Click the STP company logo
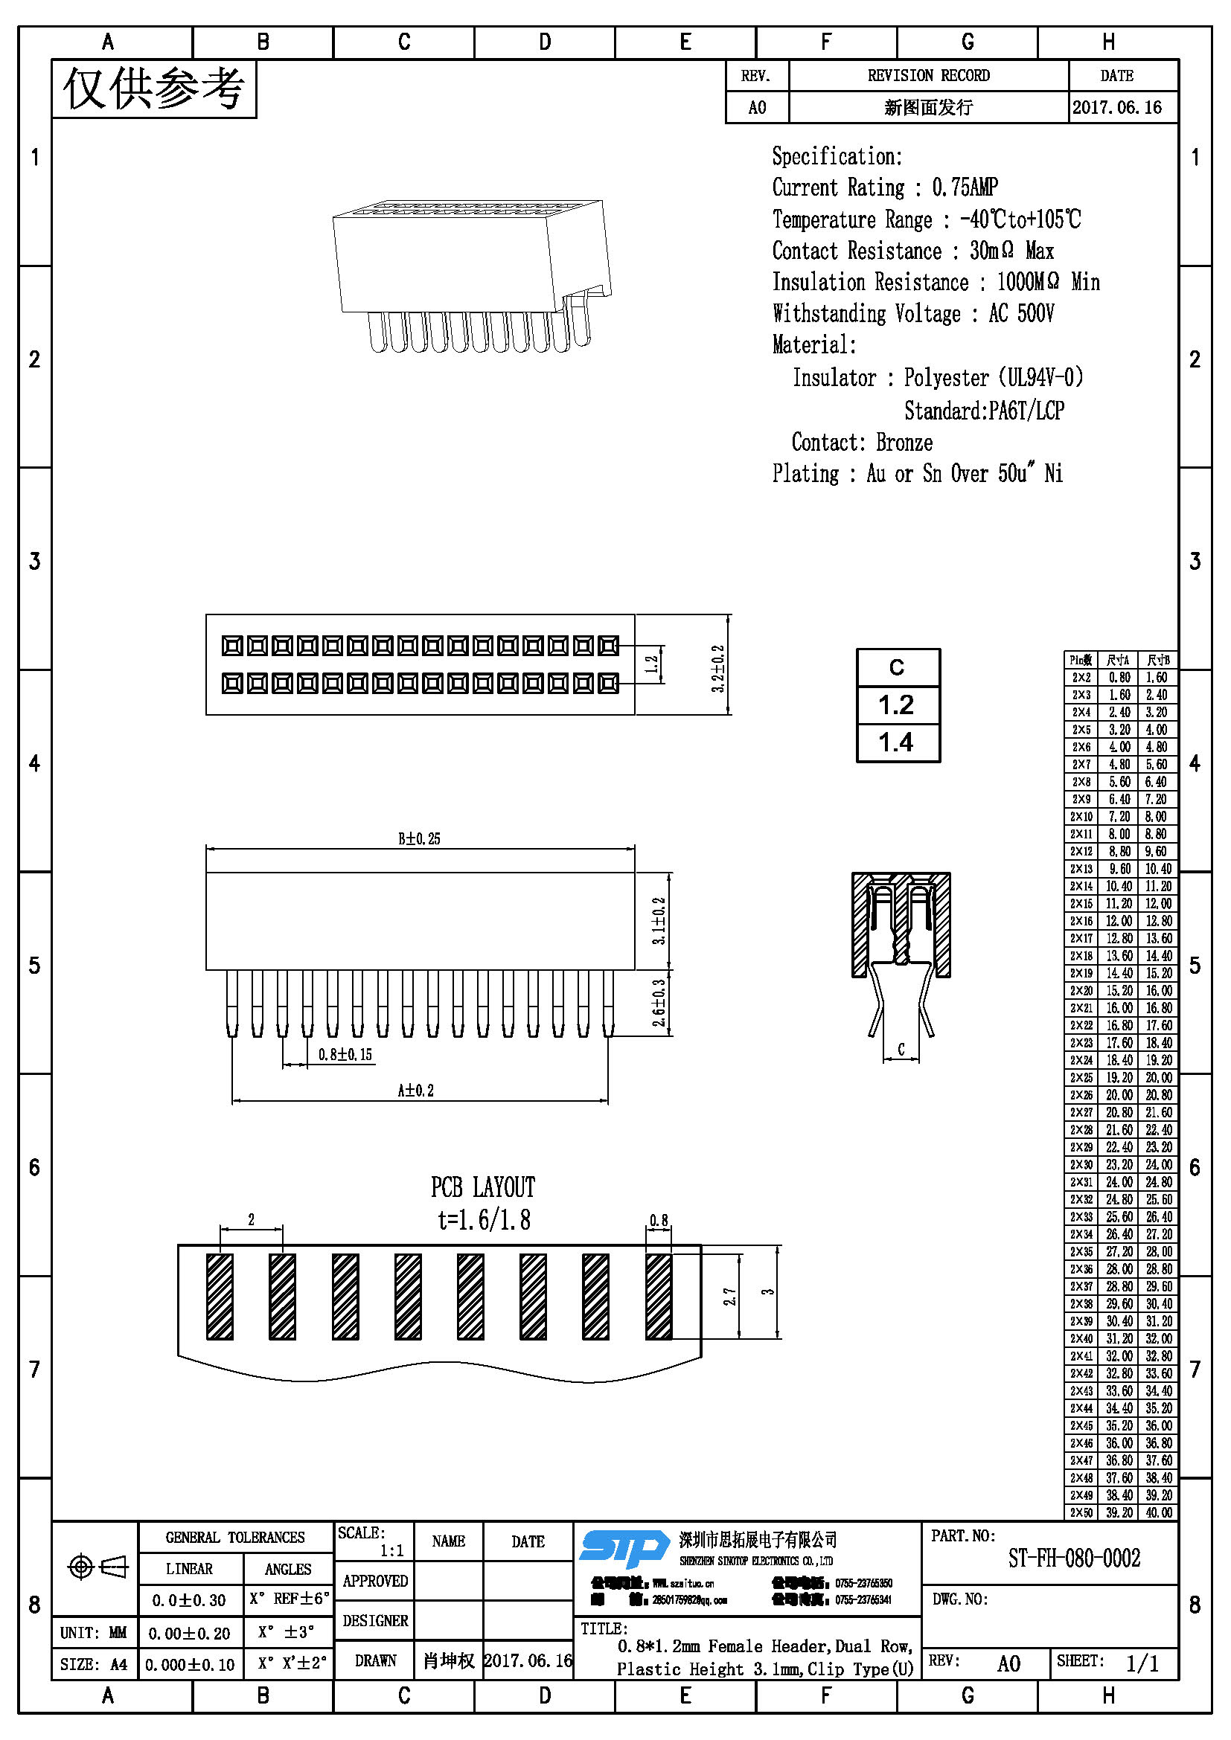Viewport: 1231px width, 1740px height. tap(624, 1547)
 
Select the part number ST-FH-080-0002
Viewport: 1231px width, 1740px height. tap(1073, 1558)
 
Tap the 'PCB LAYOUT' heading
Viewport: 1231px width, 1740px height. tap(483, 1187)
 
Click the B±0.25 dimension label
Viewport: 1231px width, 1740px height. tap(419, 839)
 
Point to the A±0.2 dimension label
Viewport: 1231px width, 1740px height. tap(416, 1091)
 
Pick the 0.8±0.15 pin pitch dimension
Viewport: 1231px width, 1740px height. tap(345, 1054)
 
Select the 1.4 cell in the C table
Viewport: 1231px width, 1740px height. tap(897, 742)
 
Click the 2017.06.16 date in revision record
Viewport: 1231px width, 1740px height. tap(1116, 108)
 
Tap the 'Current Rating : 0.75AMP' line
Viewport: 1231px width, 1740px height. tap(885, 187)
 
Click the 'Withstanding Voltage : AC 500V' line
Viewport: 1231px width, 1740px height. tap(912, 313)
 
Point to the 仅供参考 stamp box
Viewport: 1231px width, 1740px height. tap(154, 89)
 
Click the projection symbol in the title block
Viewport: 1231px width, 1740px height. tap(97, 1566)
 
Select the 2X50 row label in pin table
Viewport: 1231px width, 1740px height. tap(1081, 1512)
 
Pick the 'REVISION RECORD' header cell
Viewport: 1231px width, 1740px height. tap(928, 76)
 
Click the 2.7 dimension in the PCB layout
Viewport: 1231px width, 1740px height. tap(729, 1297)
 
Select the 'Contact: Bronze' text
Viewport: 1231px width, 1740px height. tap(862, 442)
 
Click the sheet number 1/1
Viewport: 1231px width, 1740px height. tap(1142, 1663)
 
